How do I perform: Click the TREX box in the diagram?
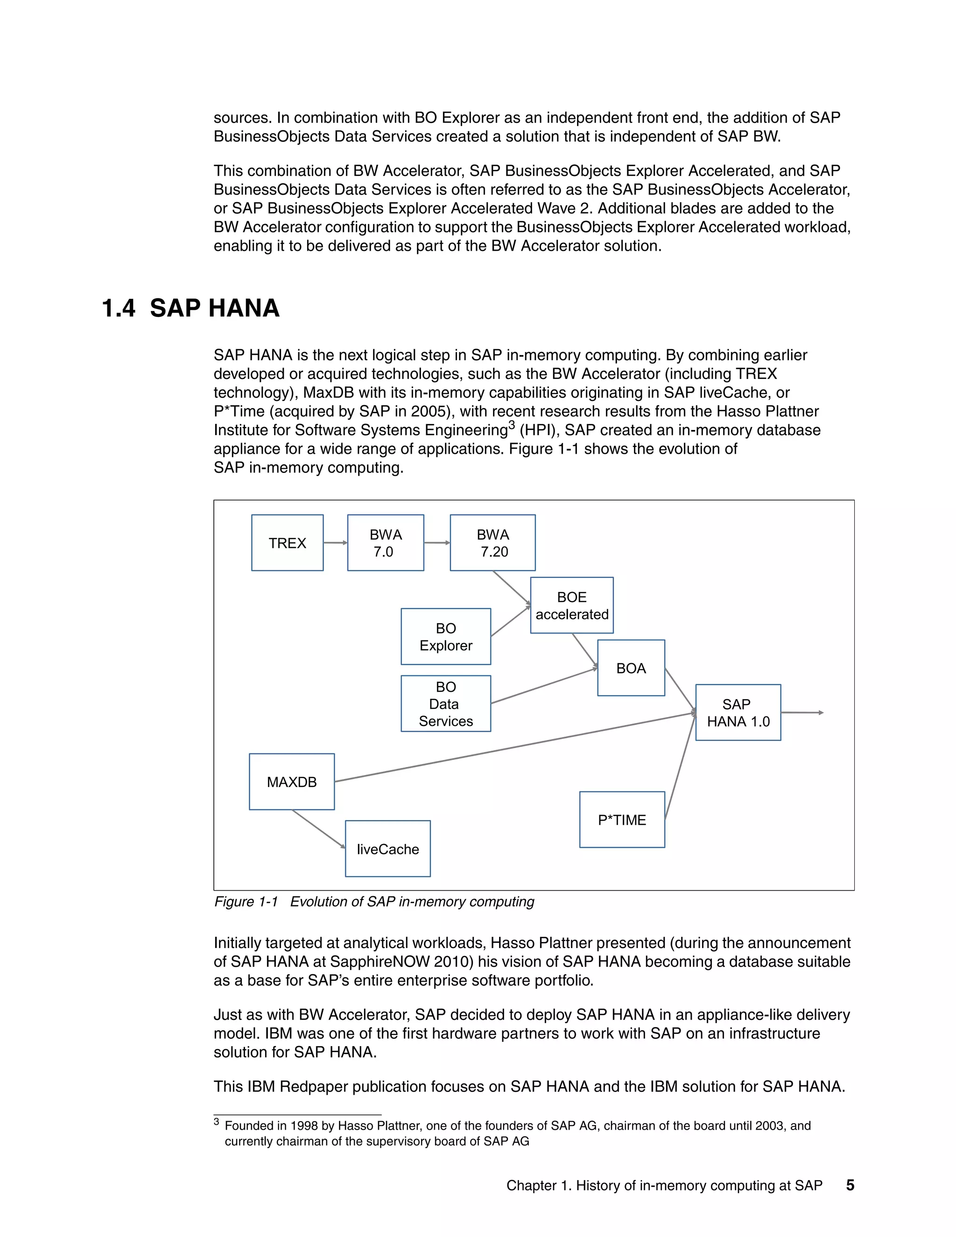point(287,542)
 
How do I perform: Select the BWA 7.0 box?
point(385,542)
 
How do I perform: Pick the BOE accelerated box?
point(571,605)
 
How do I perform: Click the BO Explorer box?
point(446,636)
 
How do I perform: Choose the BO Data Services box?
point(446,703)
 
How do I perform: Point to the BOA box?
point(631,668)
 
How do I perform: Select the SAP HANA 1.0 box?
point(738,712)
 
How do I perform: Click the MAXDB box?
point(292,781)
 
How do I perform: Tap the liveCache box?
point(387,849)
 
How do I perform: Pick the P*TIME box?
point(622,820)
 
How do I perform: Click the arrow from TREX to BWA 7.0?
point(335,542)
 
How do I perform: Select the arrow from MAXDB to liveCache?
point(319,829)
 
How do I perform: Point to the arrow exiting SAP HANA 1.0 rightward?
point(801,712)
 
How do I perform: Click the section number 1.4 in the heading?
point(119,308)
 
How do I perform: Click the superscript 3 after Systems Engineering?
point(512,425)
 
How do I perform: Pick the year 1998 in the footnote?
point(304,1125)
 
